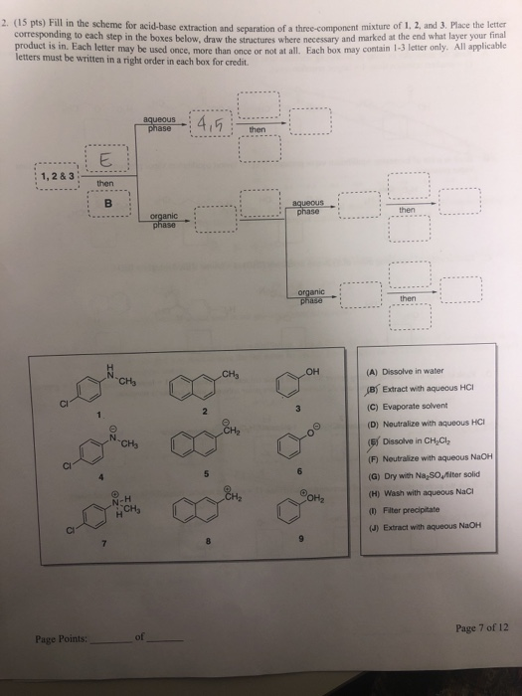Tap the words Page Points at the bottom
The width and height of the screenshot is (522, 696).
(x=62, y=638)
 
